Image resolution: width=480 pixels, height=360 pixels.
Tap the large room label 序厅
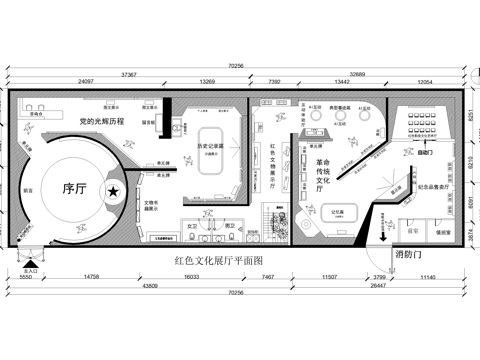pyautogui.click(x=77, y=188)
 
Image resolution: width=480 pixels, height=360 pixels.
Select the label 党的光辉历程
pyautogui.click(x=108, y=121)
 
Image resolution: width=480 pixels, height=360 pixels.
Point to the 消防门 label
pyautogui.click(x=409, y=255)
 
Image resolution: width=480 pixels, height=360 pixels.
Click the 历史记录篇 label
pyautogui.click(x=211, y=147)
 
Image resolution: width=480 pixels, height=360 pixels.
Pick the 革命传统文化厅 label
pyautogui.click(x=322, y=177)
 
